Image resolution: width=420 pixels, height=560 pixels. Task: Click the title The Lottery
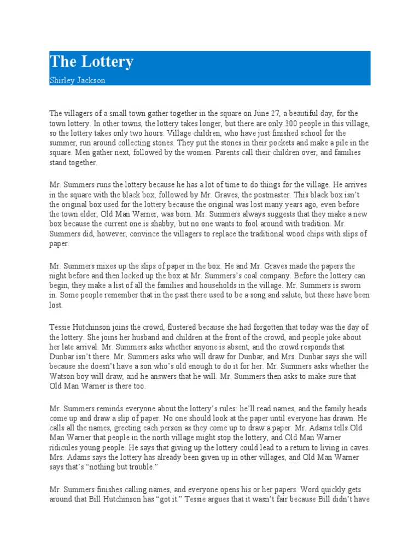91,62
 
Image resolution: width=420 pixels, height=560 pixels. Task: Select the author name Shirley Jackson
77,80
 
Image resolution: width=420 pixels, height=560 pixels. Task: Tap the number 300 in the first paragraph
286,123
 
